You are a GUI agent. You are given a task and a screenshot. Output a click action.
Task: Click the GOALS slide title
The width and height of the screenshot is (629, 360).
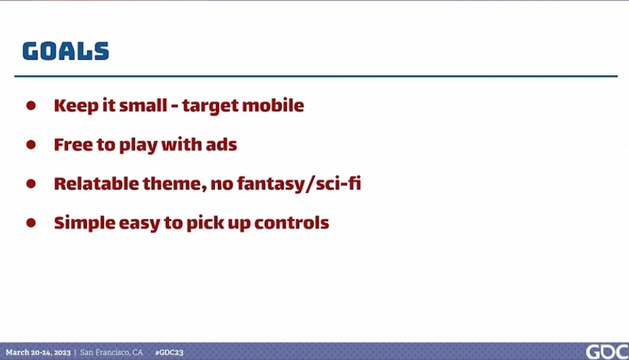[x=65, y=52]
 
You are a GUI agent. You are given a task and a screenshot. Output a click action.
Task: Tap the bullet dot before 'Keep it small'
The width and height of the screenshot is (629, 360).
[x=31, y=106]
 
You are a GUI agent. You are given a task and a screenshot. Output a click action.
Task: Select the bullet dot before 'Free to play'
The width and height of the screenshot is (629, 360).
[x=31, y=144]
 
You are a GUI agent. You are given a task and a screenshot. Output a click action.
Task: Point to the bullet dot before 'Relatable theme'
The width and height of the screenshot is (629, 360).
[x=31, y=184]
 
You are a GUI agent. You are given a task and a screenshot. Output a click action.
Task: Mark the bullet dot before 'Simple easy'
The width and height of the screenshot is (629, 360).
[x=31, y=223]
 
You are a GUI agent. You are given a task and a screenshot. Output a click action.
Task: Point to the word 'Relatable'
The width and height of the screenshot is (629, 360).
[x=96, y=183]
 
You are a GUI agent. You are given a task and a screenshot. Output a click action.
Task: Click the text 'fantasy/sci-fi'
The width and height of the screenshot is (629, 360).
[x=299, y=184]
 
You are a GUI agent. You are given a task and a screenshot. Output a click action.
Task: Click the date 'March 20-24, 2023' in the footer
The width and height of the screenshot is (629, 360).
[x=38, y=353]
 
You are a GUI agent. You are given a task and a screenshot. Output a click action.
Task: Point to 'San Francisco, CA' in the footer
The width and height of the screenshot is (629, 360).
[x=111, y=352]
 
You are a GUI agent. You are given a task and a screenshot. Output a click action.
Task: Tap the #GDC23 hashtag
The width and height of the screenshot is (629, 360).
[x=169, y=353]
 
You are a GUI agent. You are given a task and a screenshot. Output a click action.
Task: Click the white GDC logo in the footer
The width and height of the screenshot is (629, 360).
[x=607, y=352]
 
